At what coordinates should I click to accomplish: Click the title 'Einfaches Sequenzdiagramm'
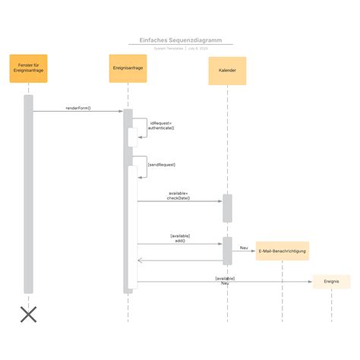[x=180, y=40]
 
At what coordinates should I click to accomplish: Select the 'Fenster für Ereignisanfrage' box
[x=29, y=68]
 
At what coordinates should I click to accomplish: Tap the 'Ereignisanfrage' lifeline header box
[x=128, y=68]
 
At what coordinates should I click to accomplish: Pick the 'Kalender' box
[x=227, y=71]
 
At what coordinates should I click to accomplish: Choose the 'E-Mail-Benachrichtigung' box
[x=282, y=251]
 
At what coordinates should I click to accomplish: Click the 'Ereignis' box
[x=331, y=282]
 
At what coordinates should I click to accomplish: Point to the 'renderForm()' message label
[x=78, y=108]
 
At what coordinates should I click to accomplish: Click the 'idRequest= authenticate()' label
[x=161, y=125]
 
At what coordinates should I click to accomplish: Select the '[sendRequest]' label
[x=162, y=164]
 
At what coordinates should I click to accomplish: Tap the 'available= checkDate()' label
[x=179, y=196]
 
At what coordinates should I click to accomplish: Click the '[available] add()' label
[x=180, y=238]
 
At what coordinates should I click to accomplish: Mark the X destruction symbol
[x=28, y=314]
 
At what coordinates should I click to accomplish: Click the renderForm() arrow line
[x=78, y=112]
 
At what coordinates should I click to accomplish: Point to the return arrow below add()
[x=179, y=261]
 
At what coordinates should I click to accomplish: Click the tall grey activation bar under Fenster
[x=28, y=194]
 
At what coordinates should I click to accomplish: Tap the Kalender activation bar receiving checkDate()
[x=227, y=208]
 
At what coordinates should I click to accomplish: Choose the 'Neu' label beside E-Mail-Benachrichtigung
[x=244, y=248]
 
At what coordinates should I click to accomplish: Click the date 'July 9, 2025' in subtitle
[x=197, y=48]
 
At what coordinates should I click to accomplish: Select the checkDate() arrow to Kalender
[x=179, y=201]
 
